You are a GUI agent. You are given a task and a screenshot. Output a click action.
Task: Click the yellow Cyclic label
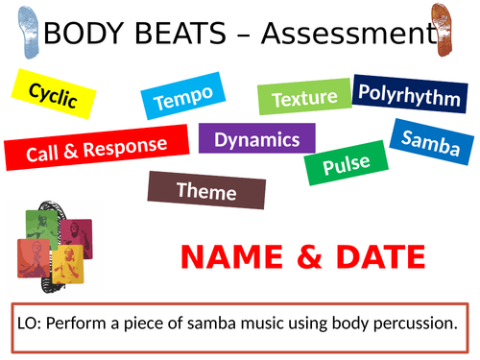pyautogui.click(x=54, y=94)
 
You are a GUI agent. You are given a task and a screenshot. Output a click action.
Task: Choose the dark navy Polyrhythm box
pyautogui.click(x=409, y=93)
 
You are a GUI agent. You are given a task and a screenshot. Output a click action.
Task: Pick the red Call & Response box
pyautogui.click(x=97, y=148)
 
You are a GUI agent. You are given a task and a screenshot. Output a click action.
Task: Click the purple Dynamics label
pyautogui.click(x=257, y=139)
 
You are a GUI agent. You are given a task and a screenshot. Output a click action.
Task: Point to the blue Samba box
pyautogui.click(x=430, y=142)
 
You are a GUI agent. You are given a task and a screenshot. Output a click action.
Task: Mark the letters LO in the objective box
pyautogui.click(x=29, y=324)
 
